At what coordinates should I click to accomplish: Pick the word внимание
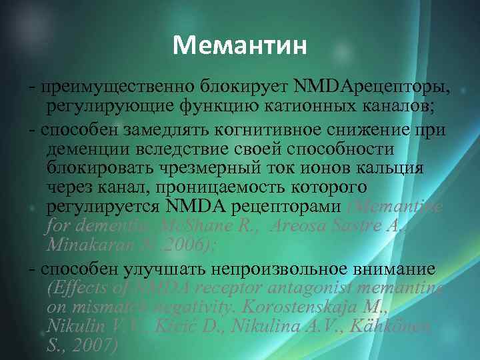394,269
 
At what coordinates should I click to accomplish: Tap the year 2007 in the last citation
97,346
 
